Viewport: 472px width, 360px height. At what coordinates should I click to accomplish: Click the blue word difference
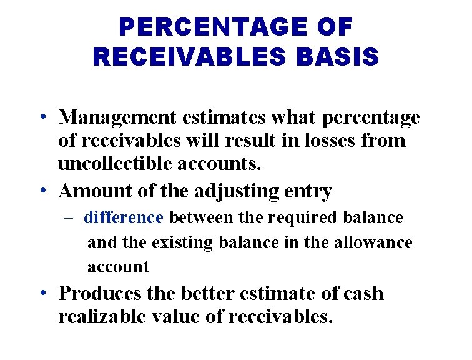click(x=123, y=217)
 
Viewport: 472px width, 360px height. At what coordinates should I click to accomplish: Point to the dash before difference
click(x=69, y=218)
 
